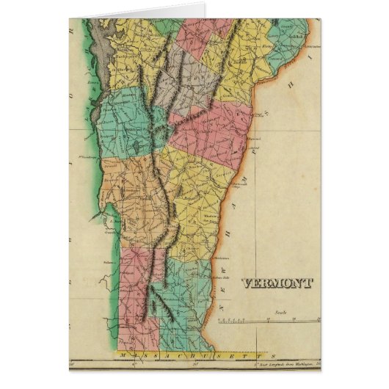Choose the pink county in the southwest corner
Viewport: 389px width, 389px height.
136,290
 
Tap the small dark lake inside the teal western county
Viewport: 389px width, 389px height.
137,148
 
